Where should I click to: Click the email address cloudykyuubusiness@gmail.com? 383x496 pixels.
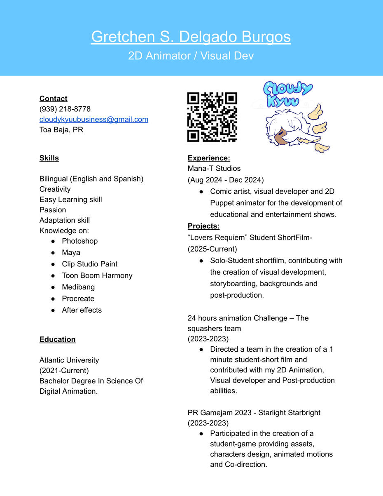click(94, 120)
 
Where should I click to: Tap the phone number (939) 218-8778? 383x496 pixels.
click(65, 109)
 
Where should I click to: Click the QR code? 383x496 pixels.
click(212, 117)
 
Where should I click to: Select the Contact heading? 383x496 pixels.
click(54, 99)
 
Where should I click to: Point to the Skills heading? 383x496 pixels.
click(49, 158)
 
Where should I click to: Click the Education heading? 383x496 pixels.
click(58, 340)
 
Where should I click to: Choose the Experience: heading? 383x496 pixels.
click(209, 158)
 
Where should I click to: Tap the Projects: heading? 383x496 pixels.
click(203, 226)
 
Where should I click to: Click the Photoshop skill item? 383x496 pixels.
click(80, 241)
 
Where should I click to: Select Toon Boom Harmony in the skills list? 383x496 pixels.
click(97, 276)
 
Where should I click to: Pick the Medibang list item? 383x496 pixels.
click(78, 287)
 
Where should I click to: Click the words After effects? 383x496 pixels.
click(82, 310)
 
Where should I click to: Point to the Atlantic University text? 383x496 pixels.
click(69, 360)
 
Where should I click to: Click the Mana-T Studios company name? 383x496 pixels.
click(214, 169)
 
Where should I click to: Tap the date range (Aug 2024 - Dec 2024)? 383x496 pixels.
click(226, 180)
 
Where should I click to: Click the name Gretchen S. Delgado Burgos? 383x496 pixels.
click(191, 37)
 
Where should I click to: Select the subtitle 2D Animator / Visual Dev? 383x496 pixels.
click(191, 56)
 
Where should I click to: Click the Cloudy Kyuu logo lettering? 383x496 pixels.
click(287, 94)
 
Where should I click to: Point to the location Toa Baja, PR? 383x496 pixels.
click(61, 130)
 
